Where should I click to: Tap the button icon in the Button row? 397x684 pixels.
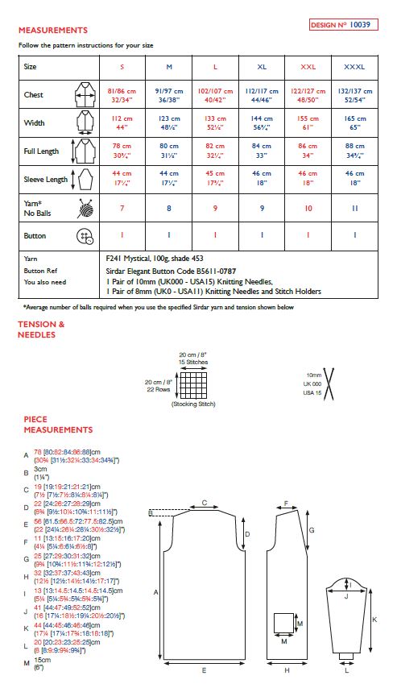click(85, 236)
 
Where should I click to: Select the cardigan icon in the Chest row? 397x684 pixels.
click(85, 94)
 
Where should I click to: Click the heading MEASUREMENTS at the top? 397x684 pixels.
click(52, 30)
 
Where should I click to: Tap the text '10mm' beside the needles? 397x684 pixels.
click(313, 376)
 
